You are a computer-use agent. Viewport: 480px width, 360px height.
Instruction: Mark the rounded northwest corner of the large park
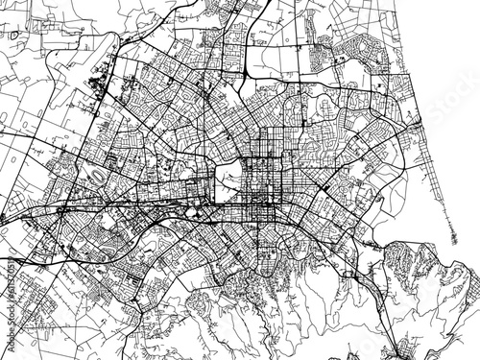[x=218, y=161]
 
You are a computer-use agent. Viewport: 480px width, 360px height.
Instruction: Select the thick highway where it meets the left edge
[x=3, y=218]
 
